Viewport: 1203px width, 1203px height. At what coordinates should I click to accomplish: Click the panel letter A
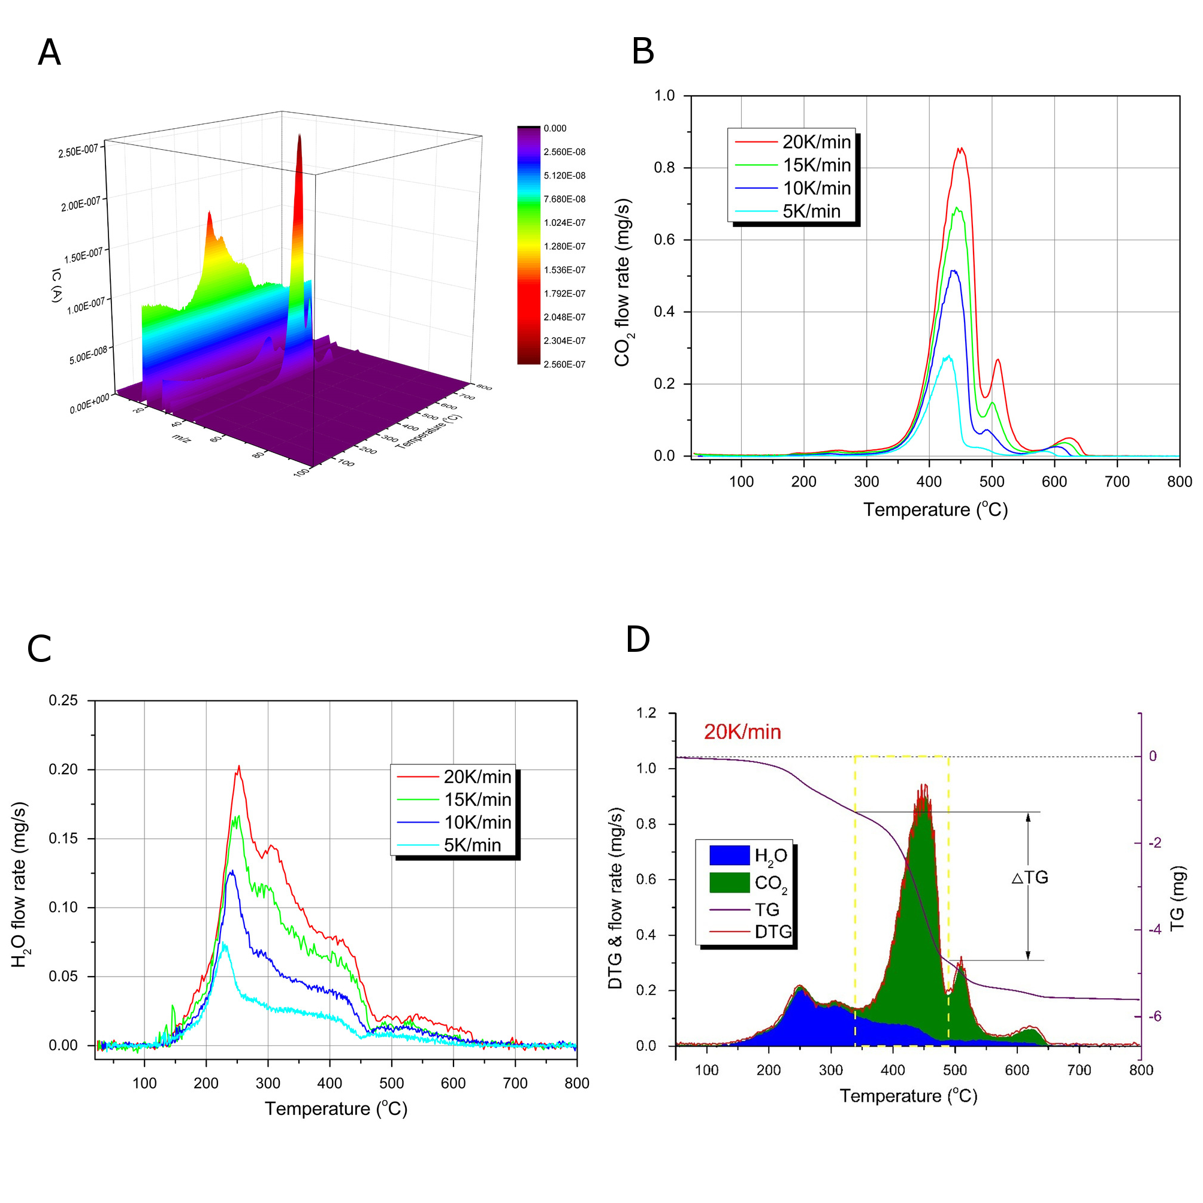[49, 52]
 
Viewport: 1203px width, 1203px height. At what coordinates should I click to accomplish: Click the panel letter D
[637, 639]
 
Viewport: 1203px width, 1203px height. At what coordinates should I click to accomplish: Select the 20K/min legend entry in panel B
[816, 142]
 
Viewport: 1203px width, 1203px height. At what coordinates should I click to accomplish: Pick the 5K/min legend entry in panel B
[811, 211]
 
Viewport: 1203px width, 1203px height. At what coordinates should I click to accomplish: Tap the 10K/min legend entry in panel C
[477, 822]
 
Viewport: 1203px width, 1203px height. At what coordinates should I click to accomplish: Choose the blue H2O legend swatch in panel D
[729, 855]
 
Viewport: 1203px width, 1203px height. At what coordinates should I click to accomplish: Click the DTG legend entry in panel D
[773, 932]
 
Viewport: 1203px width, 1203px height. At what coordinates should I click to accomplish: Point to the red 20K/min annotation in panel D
[742, 732]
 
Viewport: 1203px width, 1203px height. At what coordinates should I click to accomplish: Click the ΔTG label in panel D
[1030, 877]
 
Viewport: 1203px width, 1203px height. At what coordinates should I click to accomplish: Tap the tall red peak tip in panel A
[300, 135]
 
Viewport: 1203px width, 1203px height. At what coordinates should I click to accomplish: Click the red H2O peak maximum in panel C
[238, 766]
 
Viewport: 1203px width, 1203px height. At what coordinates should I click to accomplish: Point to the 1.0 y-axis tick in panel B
[664, 95]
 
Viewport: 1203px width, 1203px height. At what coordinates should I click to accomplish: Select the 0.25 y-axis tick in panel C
[64, 700]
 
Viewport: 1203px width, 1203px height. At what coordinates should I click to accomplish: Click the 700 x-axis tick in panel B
[1117, 481]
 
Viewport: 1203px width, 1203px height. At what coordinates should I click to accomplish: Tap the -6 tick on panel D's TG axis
[1154, 1016]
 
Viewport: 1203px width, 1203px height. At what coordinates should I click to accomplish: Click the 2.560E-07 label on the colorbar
[564, 364]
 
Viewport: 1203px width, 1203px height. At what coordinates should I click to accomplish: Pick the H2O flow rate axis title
[20, 884]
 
